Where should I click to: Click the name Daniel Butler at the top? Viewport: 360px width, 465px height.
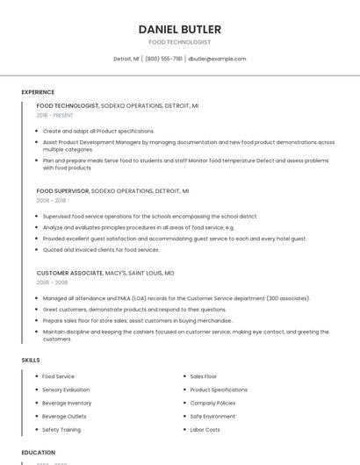(x=179, y=29)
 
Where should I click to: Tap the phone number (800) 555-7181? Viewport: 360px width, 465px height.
(x=163, y=59)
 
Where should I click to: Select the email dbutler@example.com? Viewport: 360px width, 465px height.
(x=217, y=59)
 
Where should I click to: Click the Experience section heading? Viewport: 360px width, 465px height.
(x=38, y=92)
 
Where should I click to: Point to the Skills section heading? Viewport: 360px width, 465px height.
(x=31, y=360)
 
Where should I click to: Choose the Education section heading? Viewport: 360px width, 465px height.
(x=39, y=453)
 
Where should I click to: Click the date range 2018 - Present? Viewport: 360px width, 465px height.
(x=55, y=115)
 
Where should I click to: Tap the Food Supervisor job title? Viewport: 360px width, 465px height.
(x=62, y=190)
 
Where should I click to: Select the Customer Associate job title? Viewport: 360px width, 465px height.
(x=69, y=273)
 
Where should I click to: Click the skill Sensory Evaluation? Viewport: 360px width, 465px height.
(x=66, y=390)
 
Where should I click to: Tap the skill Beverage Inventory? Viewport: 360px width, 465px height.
(x=67, y=403)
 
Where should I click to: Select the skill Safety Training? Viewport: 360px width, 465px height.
(x=61, y=430)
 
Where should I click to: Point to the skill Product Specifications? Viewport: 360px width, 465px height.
(x=219, y=390)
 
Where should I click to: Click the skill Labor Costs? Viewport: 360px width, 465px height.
(x=205, y=430)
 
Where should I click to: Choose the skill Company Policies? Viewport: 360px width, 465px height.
(x=212, y=403)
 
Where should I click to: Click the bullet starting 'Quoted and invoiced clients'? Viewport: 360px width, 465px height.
(x=101, y=250)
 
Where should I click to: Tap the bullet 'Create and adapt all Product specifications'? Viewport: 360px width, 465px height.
(x=98, y=131)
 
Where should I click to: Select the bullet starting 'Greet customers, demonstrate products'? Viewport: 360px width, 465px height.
(x=134, y=310)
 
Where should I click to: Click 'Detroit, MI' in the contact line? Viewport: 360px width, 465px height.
(x=126, y=59)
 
